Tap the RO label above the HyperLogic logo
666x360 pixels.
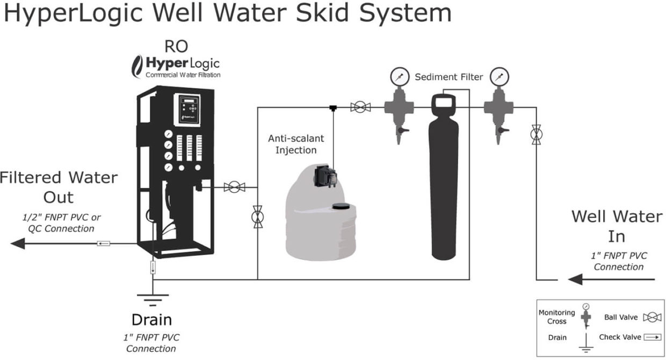pyautogui.click(x=176, y=47)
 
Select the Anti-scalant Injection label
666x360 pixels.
pyautogui.click(x=296, y=144)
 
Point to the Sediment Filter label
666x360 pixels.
pyautogui.click(x=448, y=77)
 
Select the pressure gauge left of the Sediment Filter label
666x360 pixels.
pyautogui.click(x=398, y=76)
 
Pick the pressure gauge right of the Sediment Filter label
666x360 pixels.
pyautogui.click(x=499, y=76)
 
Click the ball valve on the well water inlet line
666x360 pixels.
pyautogui.click(x=536, y=134)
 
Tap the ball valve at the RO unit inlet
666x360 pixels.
pyautogui.click(x=234, y=187)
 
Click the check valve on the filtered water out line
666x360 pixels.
pyautogui.click(x=104, y=243)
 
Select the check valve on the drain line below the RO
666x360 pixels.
pyautogui.click(x=153, y=267)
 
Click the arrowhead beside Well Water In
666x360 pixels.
pyautogui.click(x=575, y=279)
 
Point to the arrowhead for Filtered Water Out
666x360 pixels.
pyautogui.click(x=18, y=243)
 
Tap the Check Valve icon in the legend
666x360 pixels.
pyautogui.click(x=653, y=337)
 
